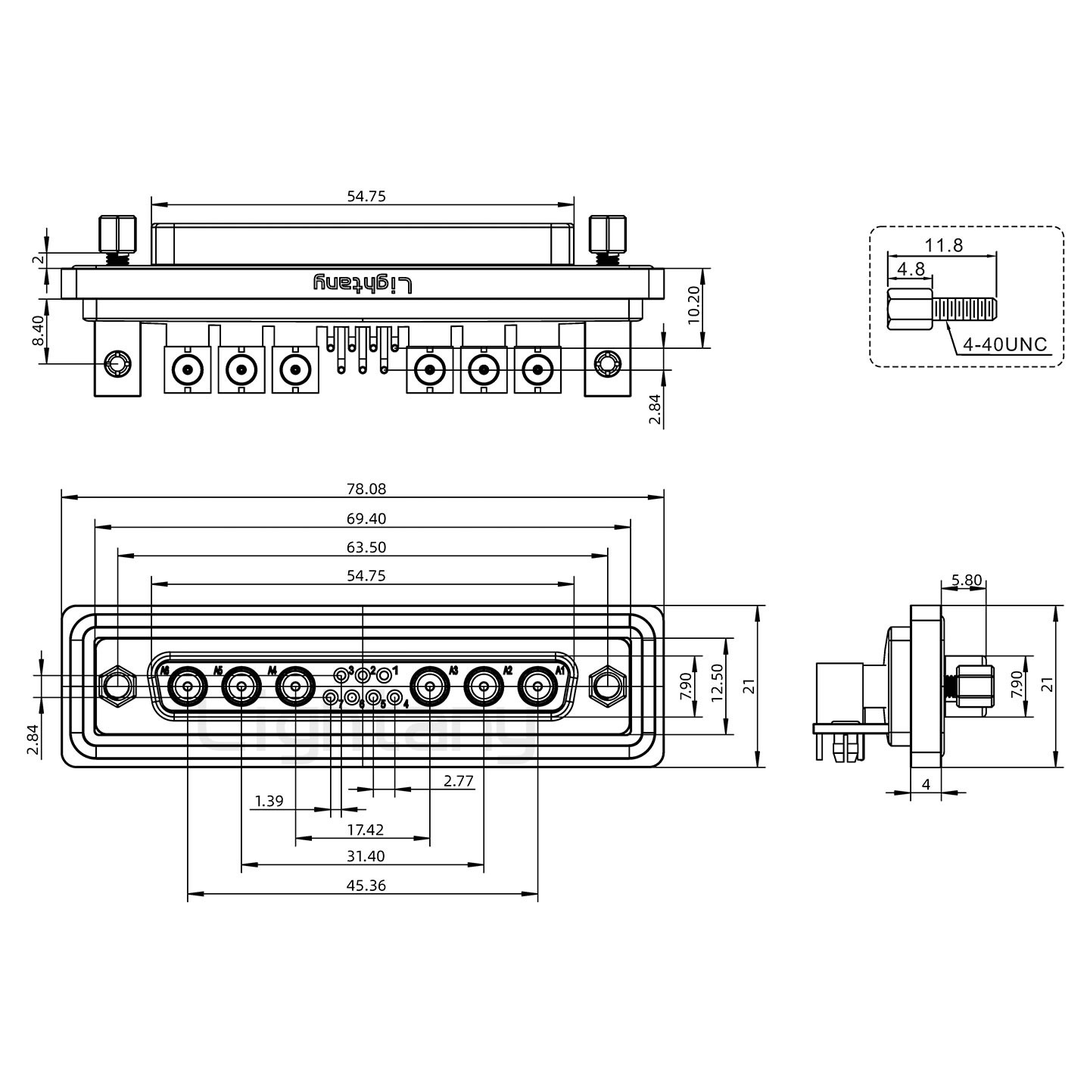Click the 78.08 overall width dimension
point(366,489)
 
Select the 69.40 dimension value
point(366,519)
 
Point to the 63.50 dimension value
point(366,547)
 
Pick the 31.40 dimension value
point(366,856)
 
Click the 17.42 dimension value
point(365,830)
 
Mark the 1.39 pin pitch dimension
point(269,801)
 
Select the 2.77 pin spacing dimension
point(459,780)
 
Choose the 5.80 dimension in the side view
point(966,581)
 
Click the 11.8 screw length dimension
point(943,245)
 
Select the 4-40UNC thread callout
point(1004,345)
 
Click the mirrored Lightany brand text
point(364,284)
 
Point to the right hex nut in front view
point(606,687)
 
